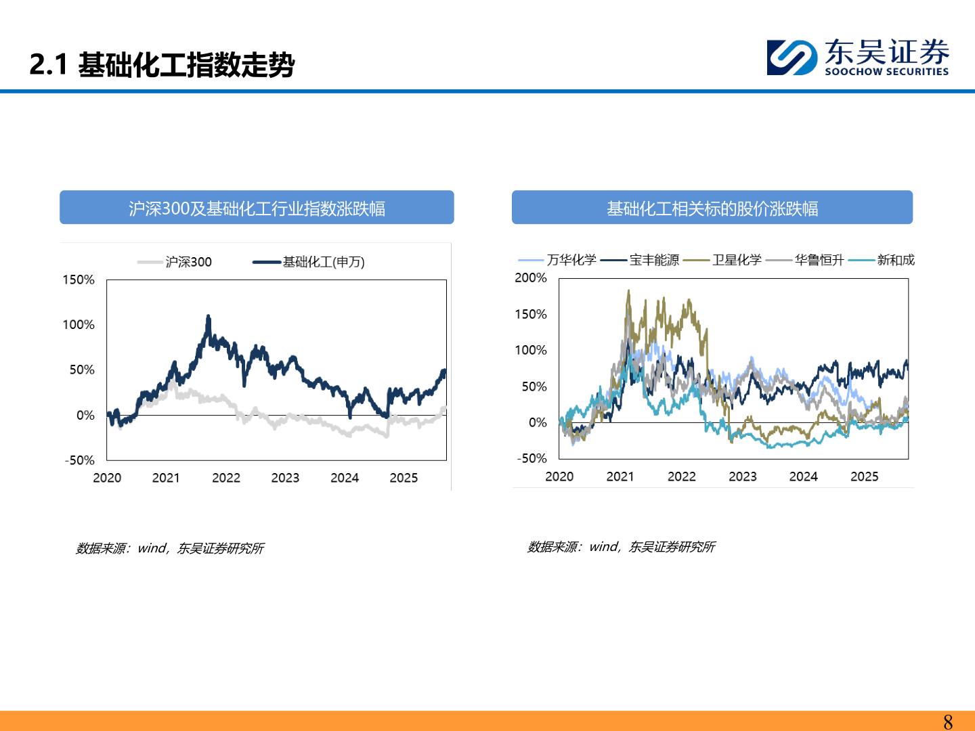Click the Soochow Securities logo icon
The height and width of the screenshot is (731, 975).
point(792,57)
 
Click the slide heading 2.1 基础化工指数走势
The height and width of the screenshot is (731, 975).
point(162,65)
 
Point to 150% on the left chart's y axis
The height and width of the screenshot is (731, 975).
point(79,280)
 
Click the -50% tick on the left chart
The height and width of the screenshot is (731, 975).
point(80,460)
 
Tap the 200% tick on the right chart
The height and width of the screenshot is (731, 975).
point(531,278)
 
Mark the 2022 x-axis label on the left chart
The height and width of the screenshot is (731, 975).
point(226,478)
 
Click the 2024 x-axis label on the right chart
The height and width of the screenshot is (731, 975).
point(804,477)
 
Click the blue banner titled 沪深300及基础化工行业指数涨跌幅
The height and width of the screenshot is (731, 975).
point(257,208)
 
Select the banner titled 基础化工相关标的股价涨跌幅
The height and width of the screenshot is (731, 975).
point(712,208)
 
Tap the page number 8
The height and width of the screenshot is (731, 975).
point(948,722)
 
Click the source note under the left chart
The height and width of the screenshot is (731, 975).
point(169,548)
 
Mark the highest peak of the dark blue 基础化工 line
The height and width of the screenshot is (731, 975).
point(209,316)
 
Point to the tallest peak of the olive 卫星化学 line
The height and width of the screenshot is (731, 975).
point(628,292)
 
